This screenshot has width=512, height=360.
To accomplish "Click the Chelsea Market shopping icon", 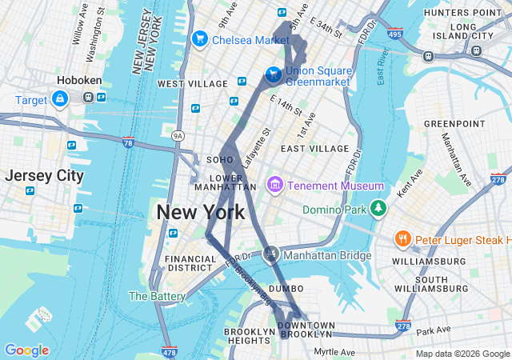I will (x=199, y=38).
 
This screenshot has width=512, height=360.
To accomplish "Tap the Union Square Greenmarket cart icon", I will (x=274, y=74).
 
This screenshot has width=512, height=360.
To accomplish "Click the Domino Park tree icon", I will (x=378, y=210).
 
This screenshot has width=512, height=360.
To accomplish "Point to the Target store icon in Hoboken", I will (x=59, y=98).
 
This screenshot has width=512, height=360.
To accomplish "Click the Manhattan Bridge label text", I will (x=328, y=256).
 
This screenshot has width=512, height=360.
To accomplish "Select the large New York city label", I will (x=201, y=212).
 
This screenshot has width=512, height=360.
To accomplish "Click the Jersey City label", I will (x=44, y=176).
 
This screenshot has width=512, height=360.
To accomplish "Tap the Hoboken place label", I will (x=78, y=81).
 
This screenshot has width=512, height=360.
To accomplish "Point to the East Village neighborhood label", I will (x=314, y=149).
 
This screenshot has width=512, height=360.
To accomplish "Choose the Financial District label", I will (x=190, y=264).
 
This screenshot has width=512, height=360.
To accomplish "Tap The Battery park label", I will (x=158, y=296).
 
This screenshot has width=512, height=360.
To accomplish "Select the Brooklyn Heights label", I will (x=249, y=337).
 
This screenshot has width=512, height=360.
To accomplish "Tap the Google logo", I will (x=26, y=350).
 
